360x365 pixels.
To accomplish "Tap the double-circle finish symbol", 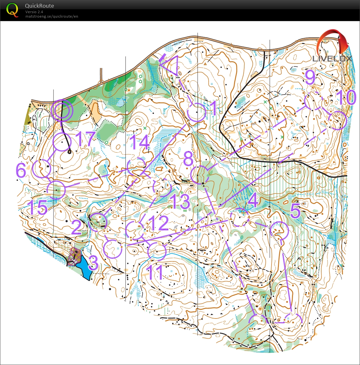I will coord(62,111).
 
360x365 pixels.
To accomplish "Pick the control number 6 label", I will coord(21,170).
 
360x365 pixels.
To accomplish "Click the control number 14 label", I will coord(140,142).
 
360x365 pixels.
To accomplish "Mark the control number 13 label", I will coord(180,202).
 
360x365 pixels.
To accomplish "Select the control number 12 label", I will coord(158,223).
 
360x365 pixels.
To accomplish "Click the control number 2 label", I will coord(77,227).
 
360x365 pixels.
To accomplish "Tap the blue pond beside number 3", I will coord(84,266).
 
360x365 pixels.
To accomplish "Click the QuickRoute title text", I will coord(39,6).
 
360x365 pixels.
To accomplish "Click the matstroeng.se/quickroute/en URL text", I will coord(52,16).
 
